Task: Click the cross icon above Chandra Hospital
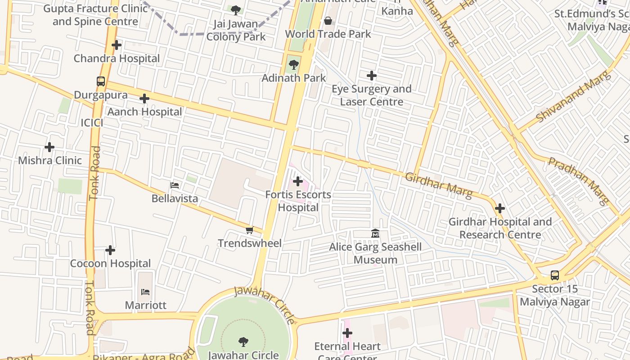click(117, 45)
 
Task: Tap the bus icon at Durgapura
click(101, 81)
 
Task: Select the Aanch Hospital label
click(144, 112)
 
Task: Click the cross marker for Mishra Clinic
click(49, 147)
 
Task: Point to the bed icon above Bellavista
click(175, 185)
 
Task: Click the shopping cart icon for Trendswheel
click(249, 230)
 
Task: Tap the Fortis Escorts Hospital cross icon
click(298, 181)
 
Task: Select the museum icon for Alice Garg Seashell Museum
click(375, 234)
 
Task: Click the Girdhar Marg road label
click(439, 185)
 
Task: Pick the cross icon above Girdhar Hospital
click(499, 208)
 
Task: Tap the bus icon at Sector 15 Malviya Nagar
click(555, 275)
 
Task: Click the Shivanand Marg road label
click(574, 97)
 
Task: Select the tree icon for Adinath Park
click(294, 65)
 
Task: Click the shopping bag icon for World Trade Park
click(328, 21)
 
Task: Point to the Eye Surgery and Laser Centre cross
click(371, 76)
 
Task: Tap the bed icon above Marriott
click(145, 292)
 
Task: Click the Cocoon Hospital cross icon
click(110, 250)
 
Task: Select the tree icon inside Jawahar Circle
click(243, 342)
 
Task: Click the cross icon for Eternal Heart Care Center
click(347, 333)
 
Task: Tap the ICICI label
click(92, 123)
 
